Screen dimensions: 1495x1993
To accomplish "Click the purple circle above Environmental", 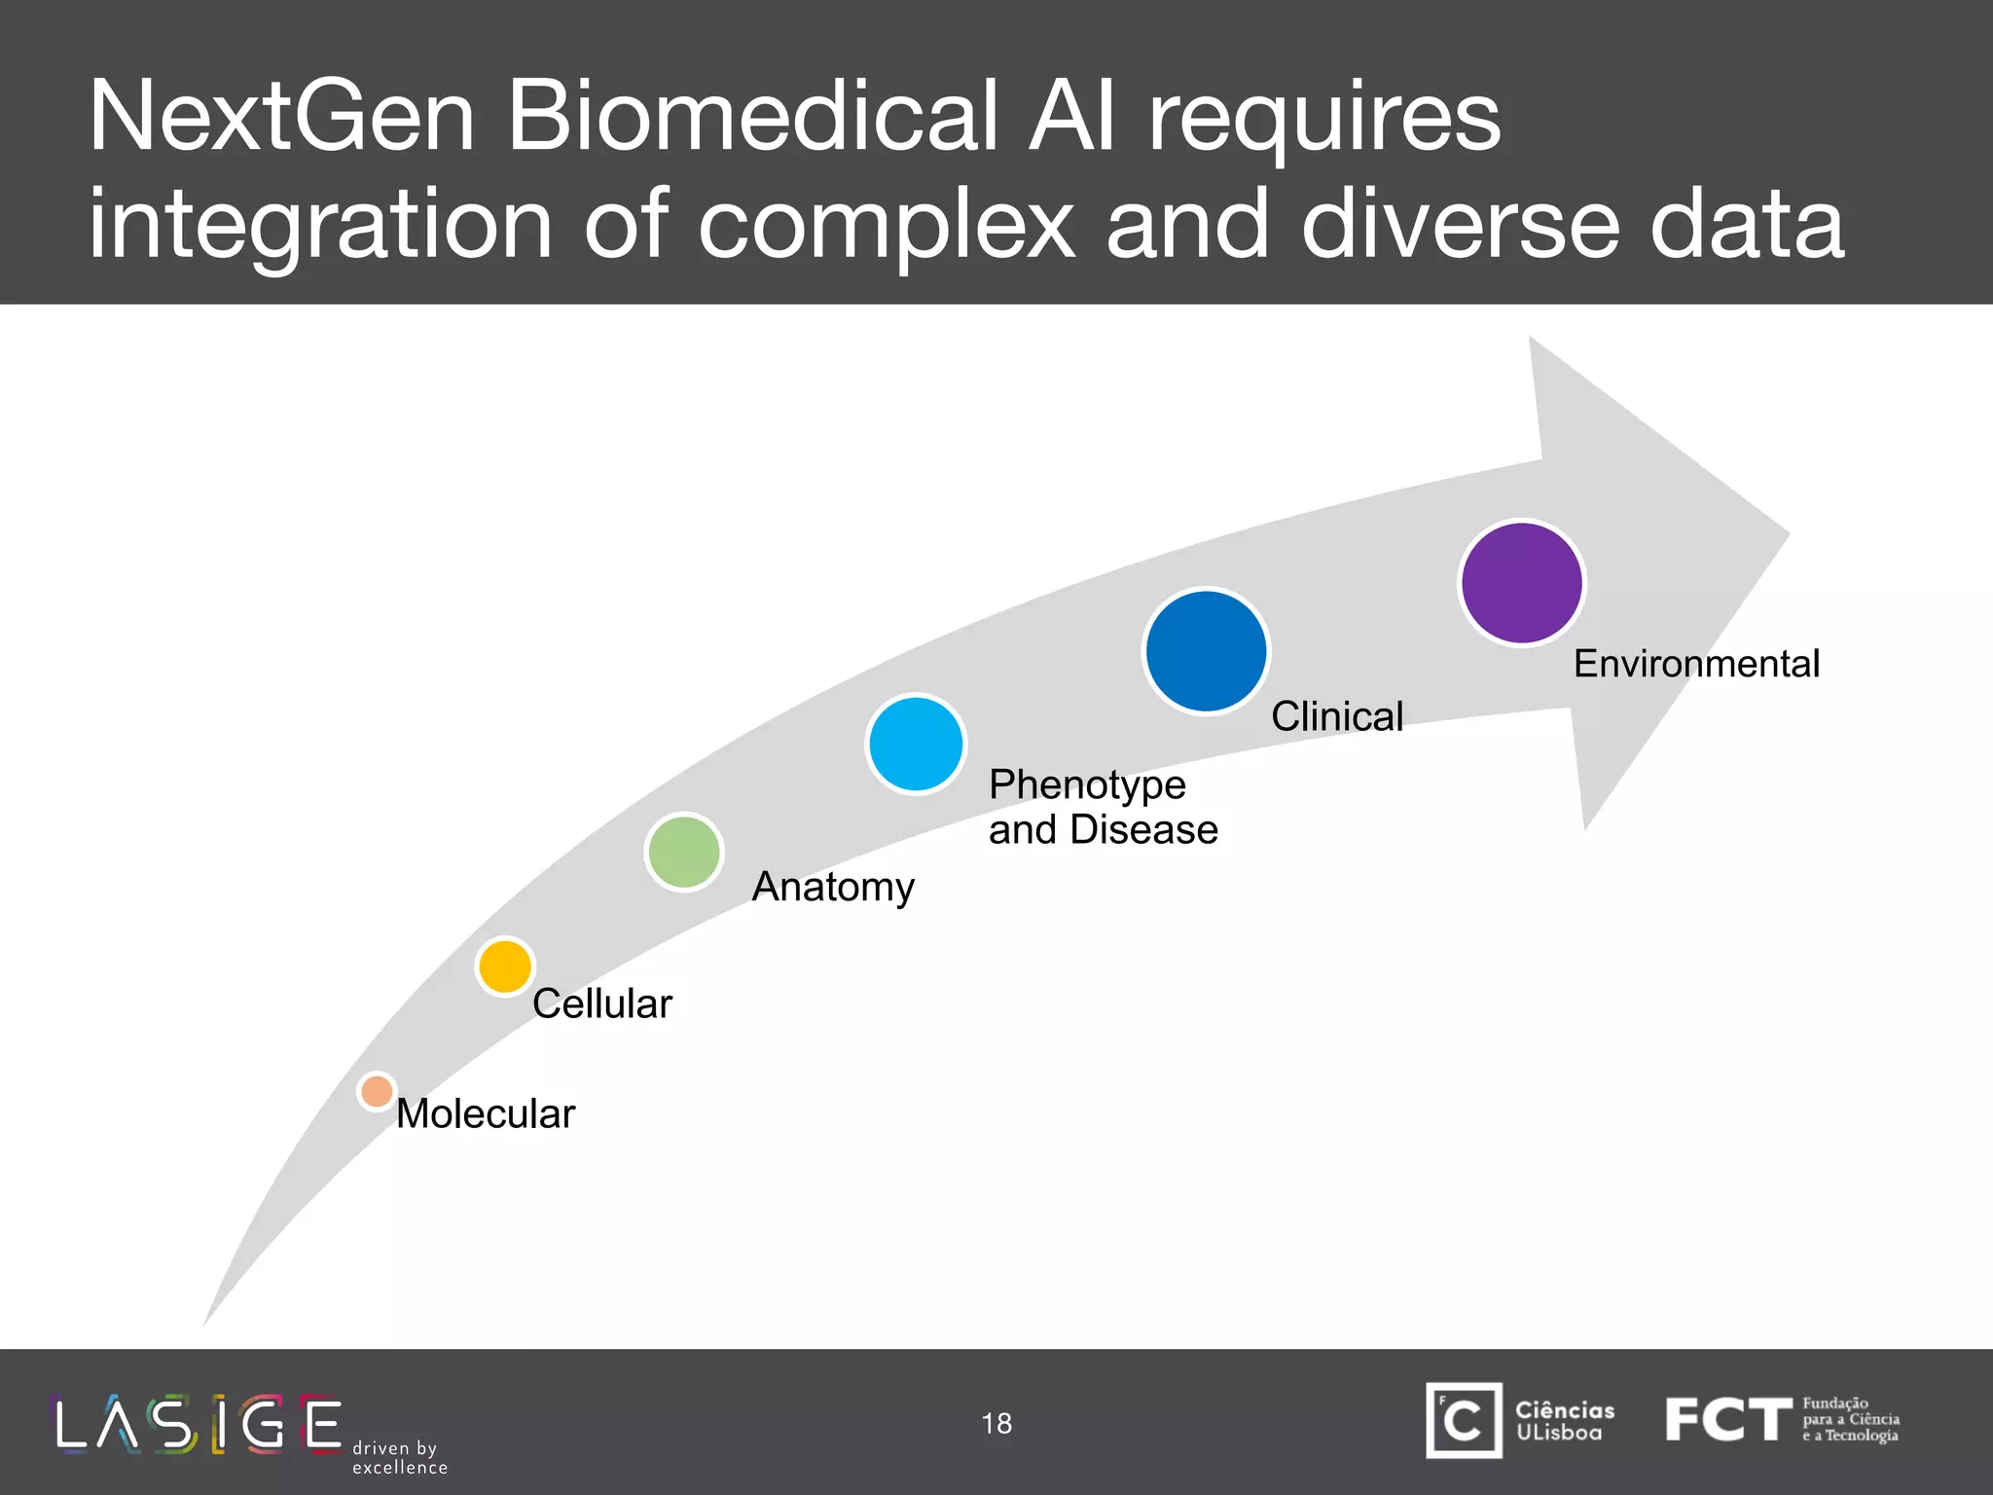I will click(1522, 583).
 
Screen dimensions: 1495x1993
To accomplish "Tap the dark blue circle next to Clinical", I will click(1206, 651).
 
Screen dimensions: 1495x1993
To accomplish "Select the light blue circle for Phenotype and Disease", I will click(916, 744).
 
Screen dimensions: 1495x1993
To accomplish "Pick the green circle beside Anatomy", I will click(684, 853).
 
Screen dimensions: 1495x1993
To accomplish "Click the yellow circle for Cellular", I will click(505, 966).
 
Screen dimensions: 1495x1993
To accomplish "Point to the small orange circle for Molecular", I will click(377, 1091).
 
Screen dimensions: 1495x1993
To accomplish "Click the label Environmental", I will click(1696, 664).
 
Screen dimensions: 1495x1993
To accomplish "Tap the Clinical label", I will click(1337, 716).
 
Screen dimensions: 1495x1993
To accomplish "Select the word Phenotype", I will click(1087, 784).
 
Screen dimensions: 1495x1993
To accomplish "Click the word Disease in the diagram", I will click(1143, 830).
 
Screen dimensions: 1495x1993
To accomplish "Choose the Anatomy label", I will click(833, 888).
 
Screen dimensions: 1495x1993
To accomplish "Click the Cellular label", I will click(602, 1003).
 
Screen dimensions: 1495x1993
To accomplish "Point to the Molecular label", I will click(486, 1113).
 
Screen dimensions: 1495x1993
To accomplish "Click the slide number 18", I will click(996, 1423).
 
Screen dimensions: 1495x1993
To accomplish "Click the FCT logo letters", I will click(1727, 1419).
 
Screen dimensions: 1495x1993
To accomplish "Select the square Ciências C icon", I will click(1464, 1420).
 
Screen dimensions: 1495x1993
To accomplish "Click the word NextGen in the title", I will click(281, 117).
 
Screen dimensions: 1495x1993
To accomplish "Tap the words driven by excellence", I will click(400, 1458).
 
